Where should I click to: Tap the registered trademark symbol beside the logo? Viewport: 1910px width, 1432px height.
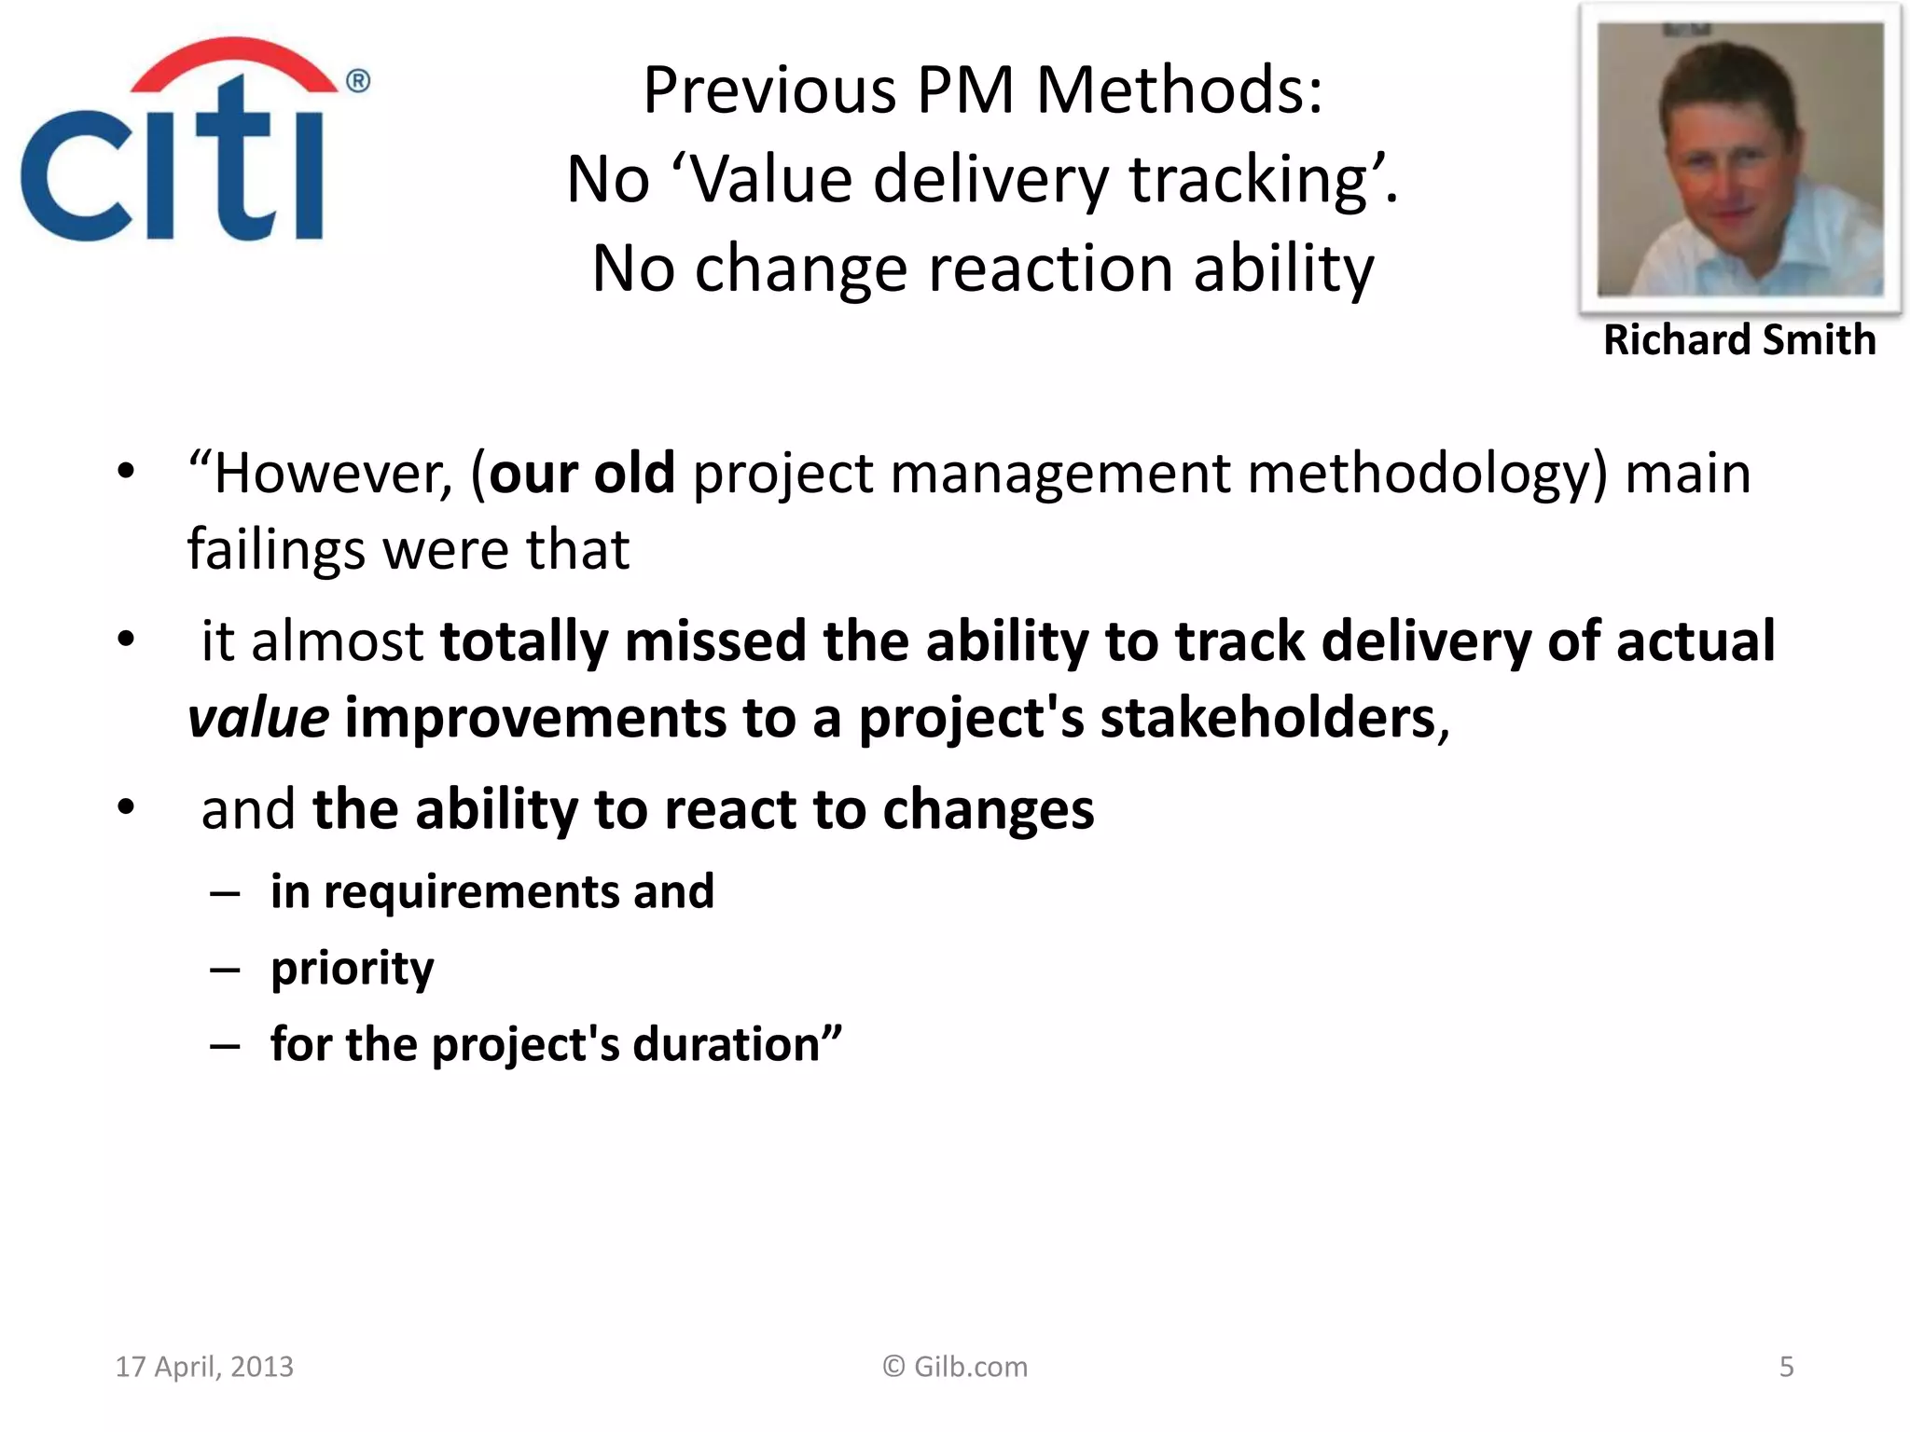(358, 82)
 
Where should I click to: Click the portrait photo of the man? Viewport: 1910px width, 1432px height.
(1739, 158)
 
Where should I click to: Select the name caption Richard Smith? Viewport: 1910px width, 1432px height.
(1739, 340)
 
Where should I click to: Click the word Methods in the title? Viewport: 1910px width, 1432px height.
(1180, 91)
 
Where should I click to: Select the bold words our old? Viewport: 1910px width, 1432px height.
(582, 474)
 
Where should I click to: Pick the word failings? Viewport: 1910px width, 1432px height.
(276, 550)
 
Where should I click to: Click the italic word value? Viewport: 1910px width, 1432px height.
(258, 719)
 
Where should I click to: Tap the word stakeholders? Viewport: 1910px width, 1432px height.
(1268, 719)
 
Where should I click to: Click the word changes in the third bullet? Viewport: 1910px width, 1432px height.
(988, 809)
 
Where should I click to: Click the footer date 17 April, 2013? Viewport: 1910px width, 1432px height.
(204, 1367)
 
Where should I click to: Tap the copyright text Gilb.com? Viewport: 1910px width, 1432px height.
(955, 1367)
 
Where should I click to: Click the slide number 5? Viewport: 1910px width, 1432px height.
(1786, 1367)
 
